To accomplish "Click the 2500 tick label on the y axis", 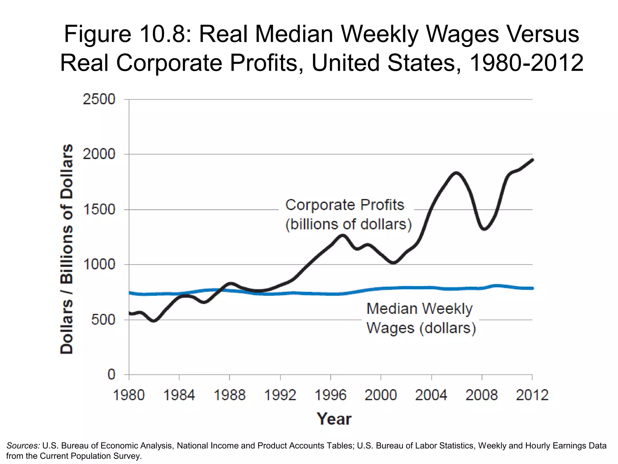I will point(99,99).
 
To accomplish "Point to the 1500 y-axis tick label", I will point(99,209).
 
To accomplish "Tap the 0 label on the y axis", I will point(111,375).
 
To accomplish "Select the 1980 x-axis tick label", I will point(129,395).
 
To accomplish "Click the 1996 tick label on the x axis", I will point(330,395).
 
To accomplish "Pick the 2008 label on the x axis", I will point(482,395).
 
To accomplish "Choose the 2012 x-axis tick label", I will point(532,395).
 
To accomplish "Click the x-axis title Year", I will point(334,419).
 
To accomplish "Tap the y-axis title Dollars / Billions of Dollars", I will point(67,249).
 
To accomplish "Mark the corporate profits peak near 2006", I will point(456,173).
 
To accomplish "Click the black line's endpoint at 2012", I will point(532,160).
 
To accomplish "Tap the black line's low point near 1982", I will point(154,321).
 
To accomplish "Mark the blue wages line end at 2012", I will point(532,288).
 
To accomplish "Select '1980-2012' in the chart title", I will point(526,63).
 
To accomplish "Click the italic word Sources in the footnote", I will point(23,446).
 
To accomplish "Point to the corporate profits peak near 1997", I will point(343,236).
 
